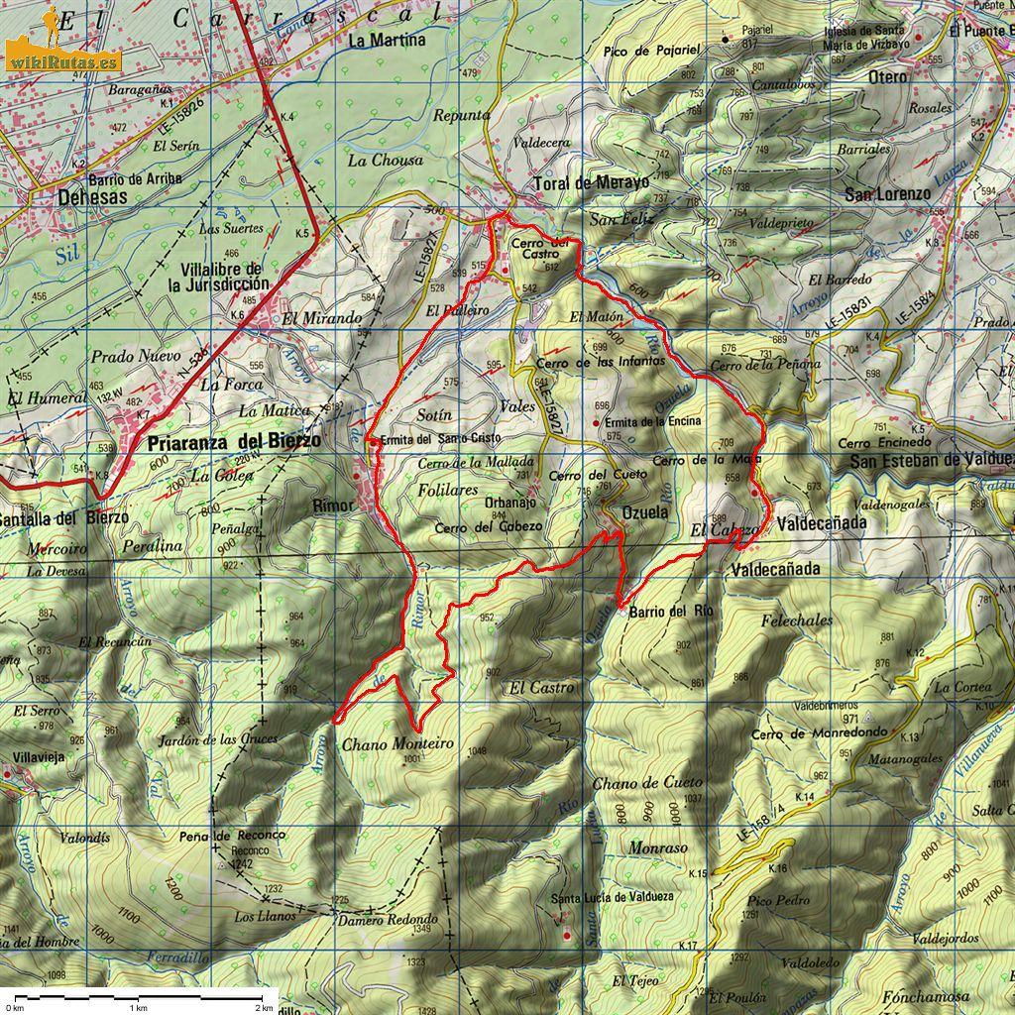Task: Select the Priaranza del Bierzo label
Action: point(233,442)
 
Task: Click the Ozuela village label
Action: point(647,510)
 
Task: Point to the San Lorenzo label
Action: point(887,194)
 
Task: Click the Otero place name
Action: point(887,76)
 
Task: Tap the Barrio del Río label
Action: point(671,611)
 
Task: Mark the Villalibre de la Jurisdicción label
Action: point(221,277)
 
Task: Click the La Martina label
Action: point(388,41)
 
